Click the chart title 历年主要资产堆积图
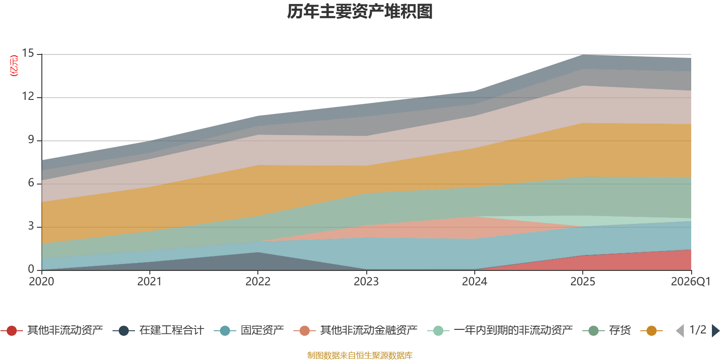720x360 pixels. click(x=360, y=12)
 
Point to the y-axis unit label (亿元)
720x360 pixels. click(x=14, y=66)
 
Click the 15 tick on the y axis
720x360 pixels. click(x=28, y=54)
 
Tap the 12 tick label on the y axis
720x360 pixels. click(x=28, y=97)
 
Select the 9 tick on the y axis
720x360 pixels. click(x=31, y=140)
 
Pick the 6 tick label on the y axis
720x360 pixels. click(x=31, y=183)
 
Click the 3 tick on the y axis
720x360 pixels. click(x=31, y=226)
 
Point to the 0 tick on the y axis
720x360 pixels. click(x=31, y=269)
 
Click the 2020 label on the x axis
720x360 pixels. click(x=41, y=282)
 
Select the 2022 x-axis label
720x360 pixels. click(x=258, y=282)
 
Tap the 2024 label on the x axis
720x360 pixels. click(x=474, y=282)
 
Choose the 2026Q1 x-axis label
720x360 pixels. click(x=690, y=282)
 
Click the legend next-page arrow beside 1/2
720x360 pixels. click(x=715, y=331)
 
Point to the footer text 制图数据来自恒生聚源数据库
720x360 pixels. click(x=360, y=355)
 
